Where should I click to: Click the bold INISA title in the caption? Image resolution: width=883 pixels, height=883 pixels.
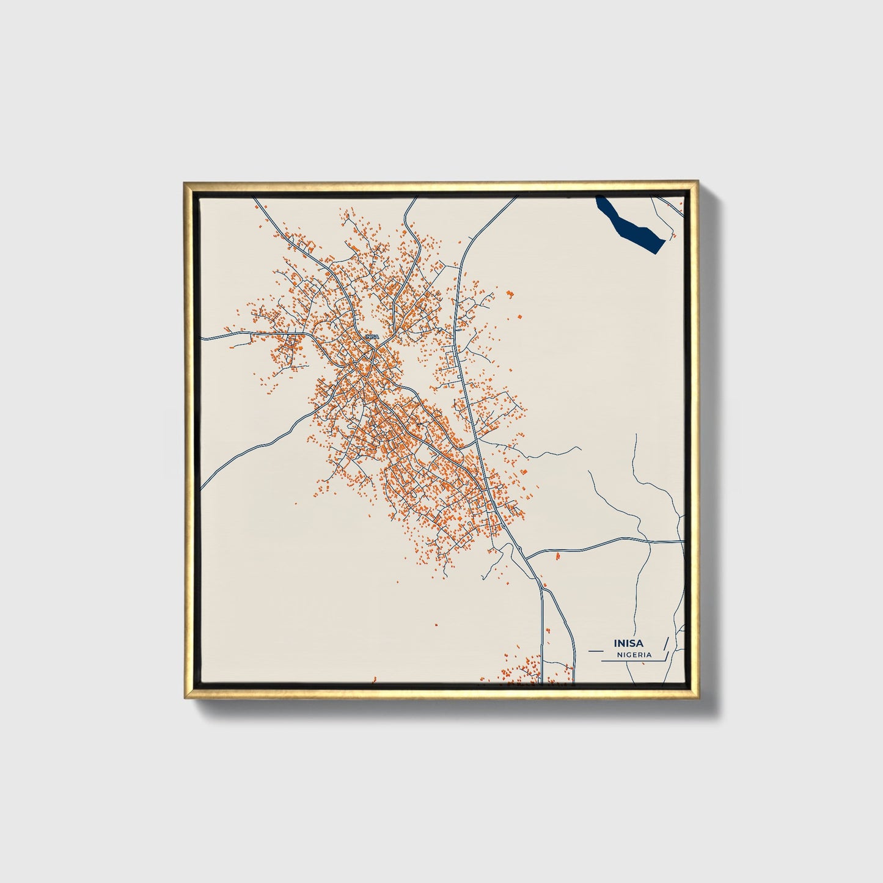pyautogui.click(x=629, y=643)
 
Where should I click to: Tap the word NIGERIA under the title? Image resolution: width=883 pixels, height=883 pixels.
pyautogui.click(x=634, y=654)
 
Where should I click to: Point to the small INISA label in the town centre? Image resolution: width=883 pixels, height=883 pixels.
pyautogui.click(x=371, y=336)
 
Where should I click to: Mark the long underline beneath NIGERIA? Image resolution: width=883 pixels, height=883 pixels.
pyautogui.click(x=632, y=661)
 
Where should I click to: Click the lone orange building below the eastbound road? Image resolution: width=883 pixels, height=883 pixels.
pyautogui.click(x=558, y=556)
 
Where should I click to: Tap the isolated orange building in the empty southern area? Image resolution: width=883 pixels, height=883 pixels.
pyautogui.click(x=436, y=625)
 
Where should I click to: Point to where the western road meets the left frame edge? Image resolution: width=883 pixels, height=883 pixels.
pyautogui.click(x=202, y=488)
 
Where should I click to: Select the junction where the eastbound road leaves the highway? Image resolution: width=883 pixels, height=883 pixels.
pyautogui.click(x=527, y=557)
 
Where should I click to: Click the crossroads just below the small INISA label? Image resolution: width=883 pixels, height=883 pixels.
pyautogui.click(x=373, y=351)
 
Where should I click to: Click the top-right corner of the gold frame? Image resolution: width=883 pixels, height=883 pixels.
pyautogui.click(x=697, y=181)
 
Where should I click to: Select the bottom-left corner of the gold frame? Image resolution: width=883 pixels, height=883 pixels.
pyautogui.click(x=185, y=698)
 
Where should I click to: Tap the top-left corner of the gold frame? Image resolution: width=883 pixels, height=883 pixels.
pyautogui.click(x=185, y=183)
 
